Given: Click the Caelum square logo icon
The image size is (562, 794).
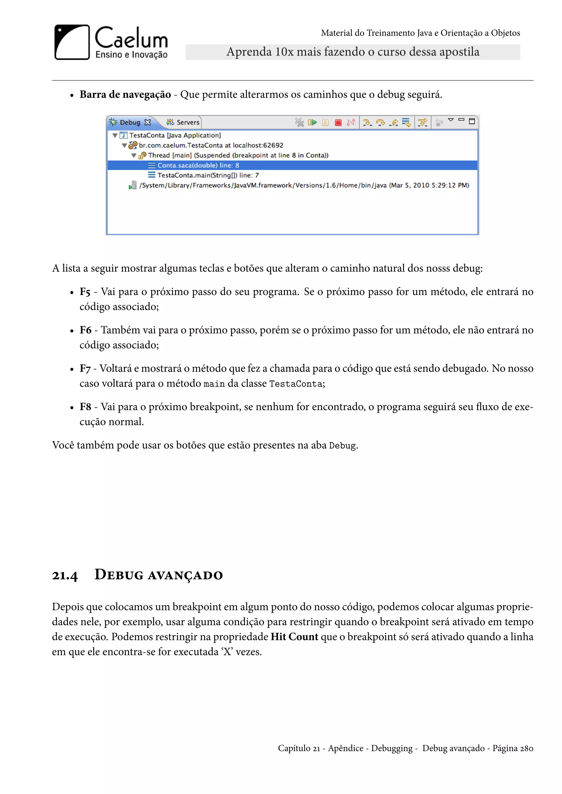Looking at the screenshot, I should pyautogui.click(x=72, y=42).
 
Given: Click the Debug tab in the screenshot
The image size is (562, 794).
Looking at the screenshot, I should pyautogui.click(x=130, y=123).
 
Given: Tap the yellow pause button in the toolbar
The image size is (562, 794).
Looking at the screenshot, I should pyautogui.click(x=325, y=123).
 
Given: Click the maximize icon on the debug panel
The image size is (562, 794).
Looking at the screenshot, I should pyautogui.click(x=472, y=121).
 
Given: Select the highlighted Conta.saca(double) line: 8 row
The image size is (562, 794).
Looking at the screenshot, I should pyautogui.click(x=198, y=165).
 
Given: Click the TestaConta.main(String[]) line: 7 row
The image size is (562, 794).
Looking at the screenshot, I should pyautogui.click(x=208, y=175).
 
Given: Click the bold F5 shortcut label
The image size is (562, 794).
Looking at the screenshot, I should pyautogui.click(x=85, y=292).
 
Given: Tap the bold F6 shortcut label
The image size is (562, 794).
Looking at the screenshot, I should pyautogui.click(x=85, y=330).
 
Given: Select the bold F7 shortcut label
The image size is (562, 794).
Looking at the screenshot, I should pyautogui.click(x=85, y=369).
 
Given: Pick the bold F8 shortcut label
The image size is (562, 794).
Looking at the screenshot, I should pyautogui.click(x=85, y=407).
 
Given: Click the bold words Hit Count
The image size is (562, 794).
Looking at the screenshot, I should pyautogui.click(x=294, y=637).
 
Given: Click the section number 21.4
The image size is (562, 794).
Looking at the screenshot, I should pyautogui.click(x=65, y=576).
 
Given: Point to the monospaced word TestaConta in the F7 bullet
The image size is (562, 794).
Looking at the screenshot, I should pyautogui.click(x=296, y=384).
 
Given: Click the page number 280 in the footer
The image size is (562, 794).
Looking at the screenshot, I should pyautogui.click(x=526, y=748).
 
